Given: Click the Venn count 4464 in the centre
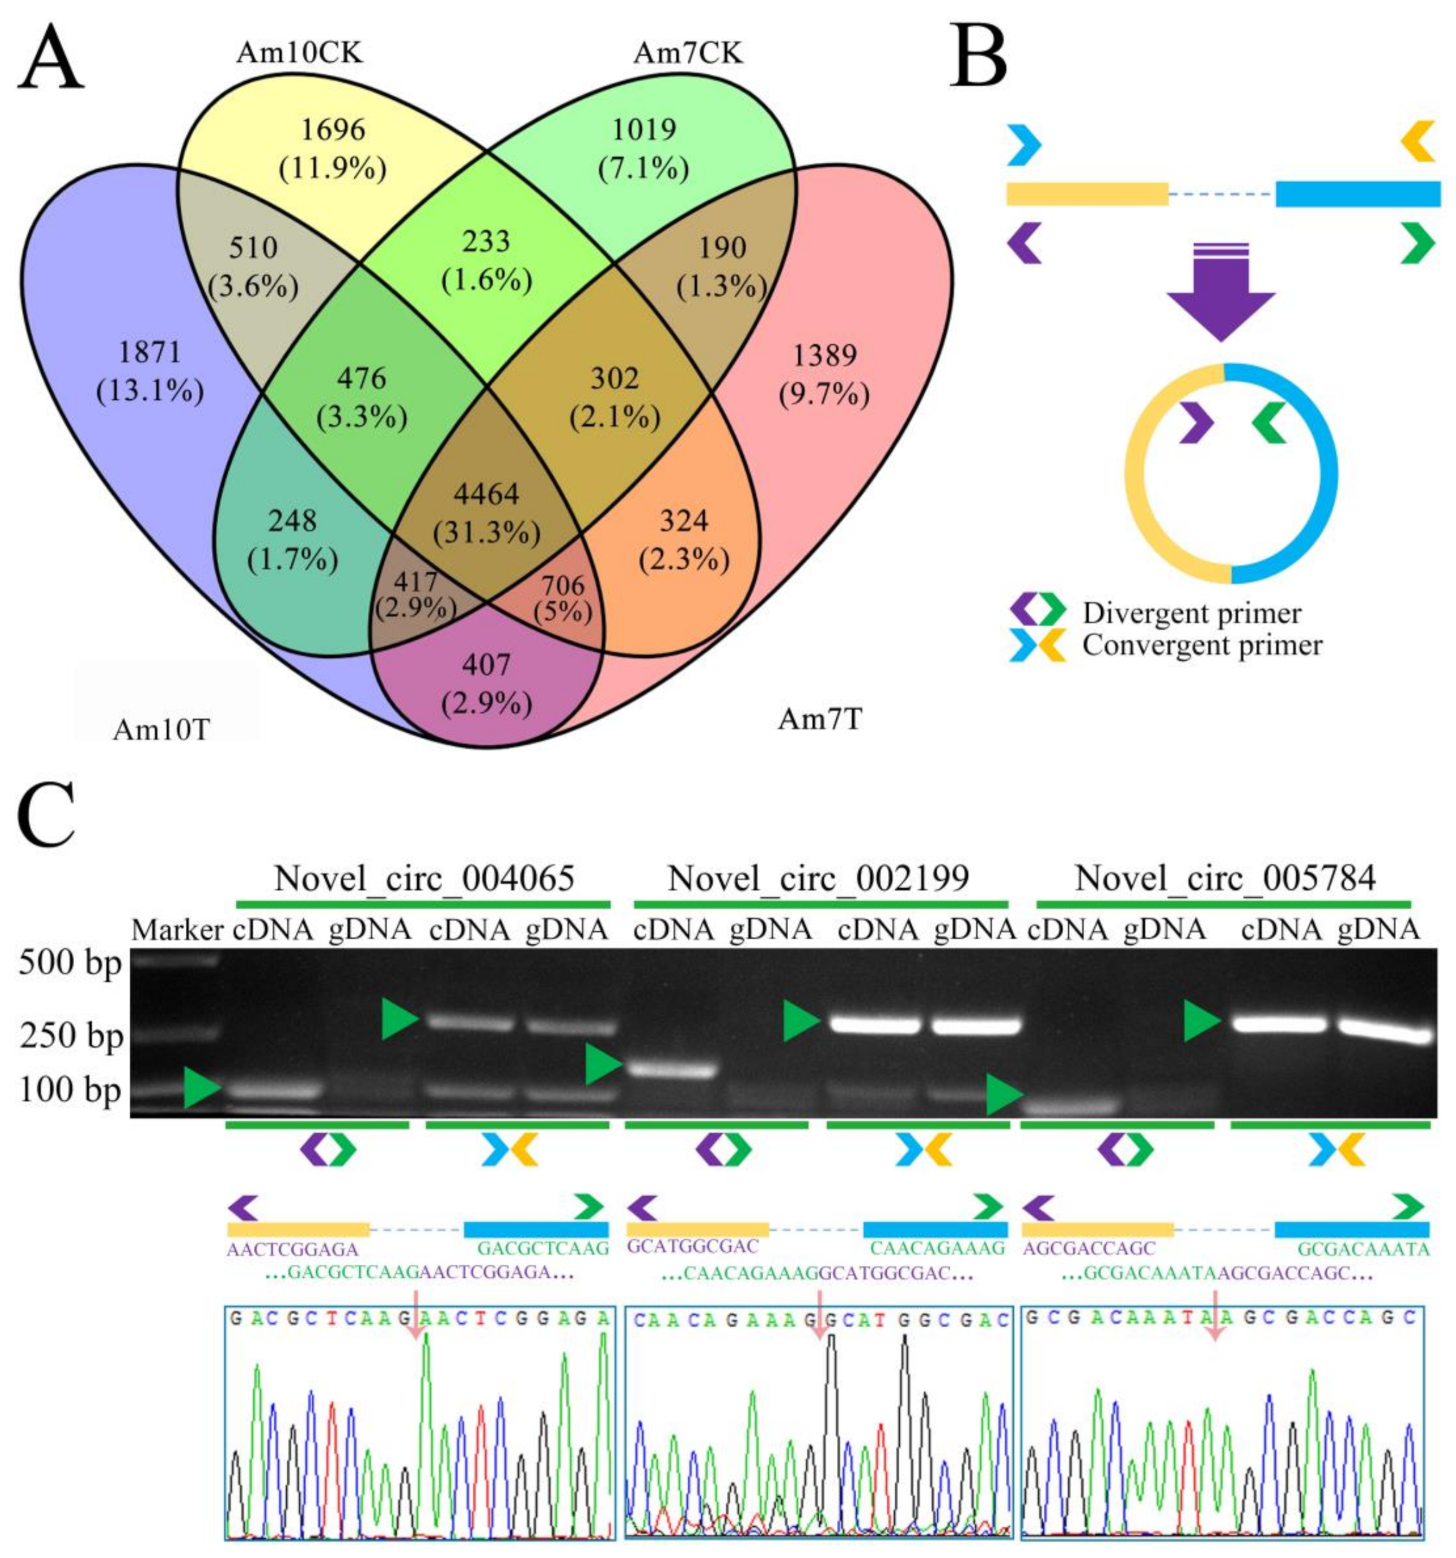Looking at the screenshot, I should pos(486,495).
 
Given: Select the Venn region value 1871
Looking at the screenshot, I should pos(150,352).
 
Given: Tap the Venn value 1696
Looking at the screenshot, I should pos(333,129).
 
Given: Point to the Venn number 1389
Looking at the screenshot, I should pos(824,357).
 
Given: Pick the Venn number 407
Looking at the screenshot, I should pos(486,665).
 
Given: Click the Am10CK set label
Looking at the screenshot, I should pos(299,52).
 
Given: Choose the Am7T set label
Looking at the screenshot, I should pos(820,719).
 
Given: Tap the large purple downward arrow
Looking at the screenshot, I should pos(1220,294).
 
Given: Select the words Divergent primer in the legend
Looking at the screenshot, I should pos(1192,614).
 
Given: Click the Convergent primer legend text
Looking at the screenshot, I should pos(1202,646).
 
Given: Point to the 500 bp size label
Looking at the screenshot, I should pos(70,962).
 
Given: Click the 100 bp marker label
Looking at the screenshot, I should pos(70,1090).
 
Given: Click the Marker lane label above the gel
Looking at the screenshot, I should pos(177,931).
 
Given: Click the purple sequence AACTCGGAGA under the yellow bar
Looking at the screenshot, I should pos(292,1249).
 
